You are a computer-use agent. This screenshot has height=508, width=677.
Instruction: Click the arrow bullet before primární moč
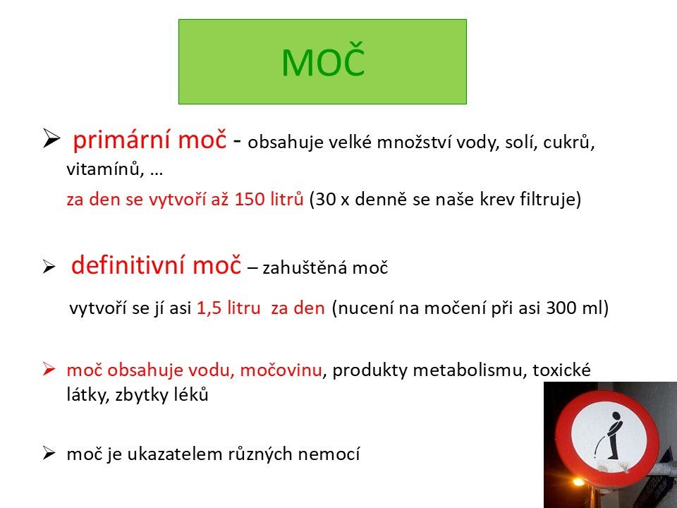[x=51, y=139]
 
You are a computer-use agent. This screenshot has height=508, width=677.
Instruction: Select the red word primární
[x=122, y=140]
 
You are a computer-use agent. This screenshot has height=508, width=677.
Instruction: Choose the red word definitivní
[x=128, y=265]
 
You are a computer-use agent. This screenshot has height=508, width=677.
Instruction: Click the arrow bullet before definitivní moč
[x=49, y=267]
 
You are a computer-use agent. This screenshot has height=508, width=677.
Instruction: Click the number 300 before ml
[x=561, y=308]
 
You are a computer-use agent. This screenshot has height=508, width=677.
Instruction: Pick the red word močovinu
[x=281, y=370]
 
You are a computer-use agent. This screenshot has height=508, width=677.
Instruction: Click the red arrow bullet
[x=49, y=369]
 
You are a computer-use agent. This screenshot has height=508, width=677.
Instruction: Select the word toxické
[x=561, y=370]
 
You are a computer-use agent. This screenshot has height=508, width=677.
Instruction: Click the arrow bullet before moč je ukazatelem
[x=49, y=453]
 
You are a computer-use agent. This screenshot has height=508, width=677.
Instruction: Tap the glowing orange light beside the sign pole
[x=578, y=482]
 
